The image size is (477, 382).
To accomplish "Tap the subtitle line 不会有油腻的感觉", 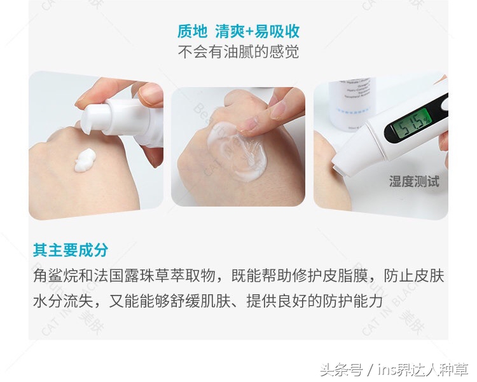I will point(238,51).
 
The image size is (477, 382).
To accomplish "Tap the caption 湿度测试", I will point(414,182).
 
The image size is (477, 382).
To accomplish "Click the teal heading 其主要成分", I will point(71,250).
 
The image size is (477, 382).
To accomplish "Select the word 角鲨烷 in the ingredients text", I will point(55,276).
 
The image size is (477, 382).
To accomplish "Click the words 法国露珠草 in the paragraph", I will point(131,276).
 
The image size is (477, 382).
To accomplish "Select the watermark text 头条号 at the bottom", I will point(340,369).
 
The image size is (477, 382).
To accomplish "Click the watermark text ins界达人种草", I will point(422,369).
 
